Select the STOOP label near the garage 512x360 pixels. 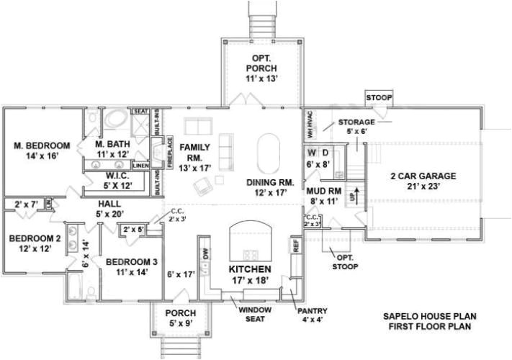(x=379, y=97)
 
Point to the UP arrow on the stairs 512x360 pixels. (x=352, y=194)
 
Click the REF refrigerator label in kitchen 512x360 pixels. (x=295, y=244)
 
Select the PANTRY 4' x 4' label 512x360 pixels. (x=313, y=315)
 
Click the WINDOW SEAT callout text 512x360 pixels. (x=255, y=315)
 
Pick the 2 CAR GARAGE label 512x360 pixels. (x=423, y=181)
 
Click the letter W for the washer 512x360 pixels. (x=312, y=153)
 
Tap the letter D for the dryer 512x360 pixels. (x=325, y=153)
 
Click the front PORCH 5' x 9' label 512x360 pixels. (x=181, y=318)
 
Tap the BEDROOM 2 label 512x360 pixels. (x=35, y=243)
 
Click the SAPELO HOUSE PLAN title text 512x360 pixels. (x=429, y=316)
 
